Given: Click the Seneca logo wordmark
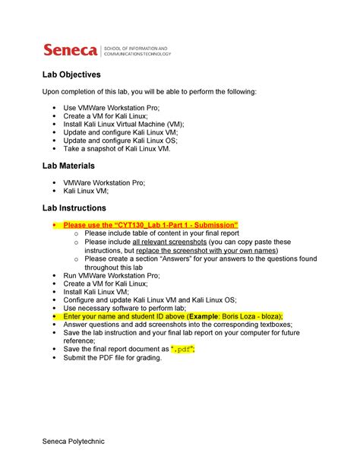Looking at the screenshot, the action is (x=70, y=51).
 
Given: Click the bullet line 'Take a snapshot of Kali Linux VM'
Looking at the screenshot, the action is (x=122, y=148).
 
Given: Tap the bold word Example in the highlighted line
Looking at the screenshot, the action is (x=214, y=315).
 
